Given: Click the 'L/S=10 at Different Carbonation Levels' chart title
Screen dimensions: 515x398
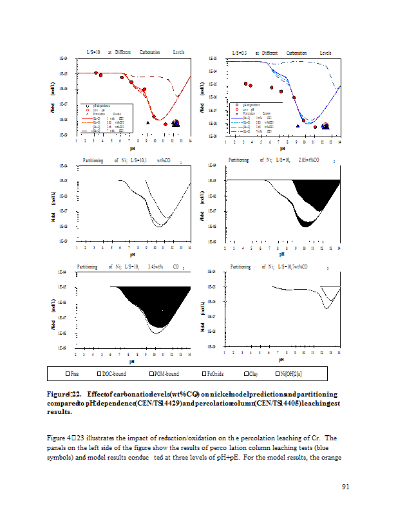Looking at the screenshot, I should point(135,52).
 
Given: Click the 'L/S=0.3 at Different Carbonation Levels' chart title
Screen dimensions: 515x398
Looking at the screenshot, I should point(282,52).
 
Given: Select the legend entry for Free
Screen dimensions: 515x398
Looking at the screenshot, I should point(72,373).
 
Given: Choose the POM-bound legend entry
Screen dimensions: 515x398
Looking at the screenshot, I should point(164,373).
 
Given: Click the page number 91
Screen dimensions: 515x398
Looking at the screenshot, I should point(345,487).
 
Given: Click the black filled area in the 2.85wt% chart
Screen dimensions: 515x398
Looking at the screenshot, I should point(316,193).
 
